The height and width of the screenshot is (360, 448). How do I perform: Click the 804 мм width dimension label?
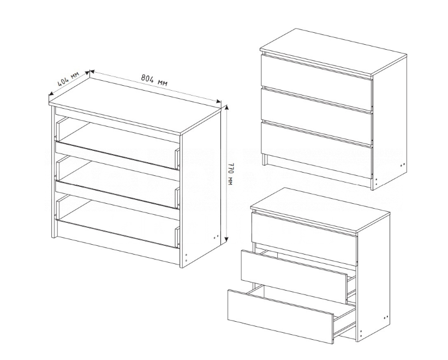click(154, 80)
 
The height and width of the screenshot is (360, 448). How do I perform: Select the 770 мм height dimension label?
click(231, 174)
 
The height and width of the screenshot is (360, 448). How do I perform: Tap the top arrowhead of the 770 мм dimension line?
click(226, 107)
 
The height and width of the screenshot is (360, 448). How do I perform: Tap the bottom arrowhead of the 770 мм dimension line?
click(226, 239)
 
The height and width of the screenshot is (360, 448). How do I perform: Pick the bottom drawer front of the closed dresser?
click(316, 148)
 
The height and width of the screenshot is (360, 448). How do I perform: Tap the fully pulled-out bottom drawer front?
click(280, 316)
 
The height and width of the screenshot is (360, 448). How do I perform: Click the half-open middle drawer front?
click(294, 277)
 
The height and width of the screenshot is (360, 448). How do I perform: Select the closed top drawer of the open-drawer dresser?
click(304, 239)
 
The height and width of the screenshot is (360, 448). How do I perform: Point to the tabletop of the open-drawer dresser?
click(320, 210)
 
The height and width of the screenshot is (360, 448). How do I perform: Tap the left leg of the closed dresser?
click(264, 160)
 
